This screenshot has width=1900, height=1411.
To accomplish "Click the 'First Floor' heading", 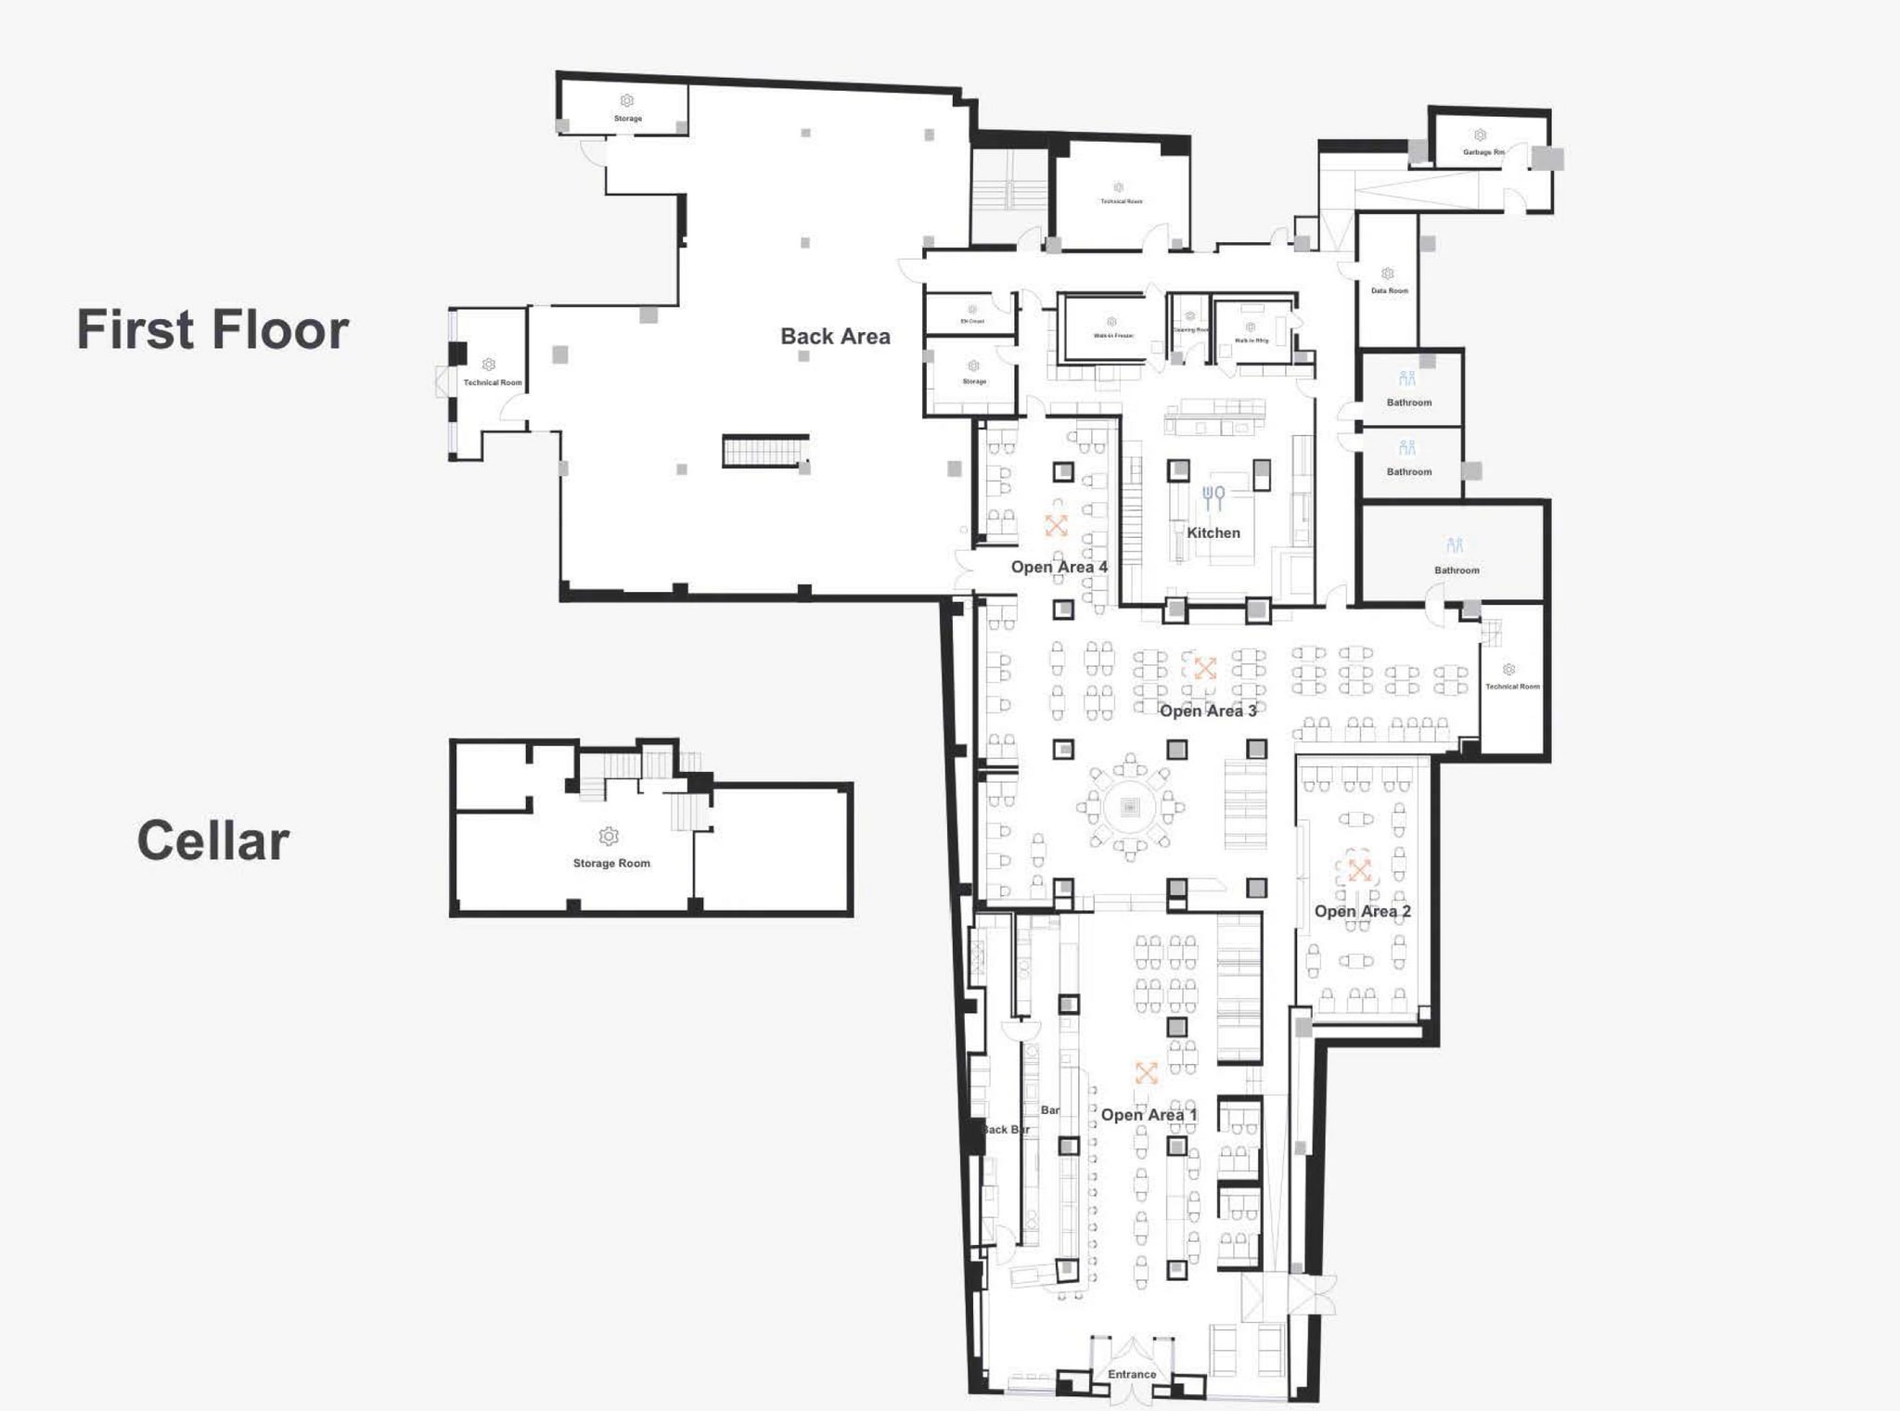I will pyautogui.click(x=212, y=329).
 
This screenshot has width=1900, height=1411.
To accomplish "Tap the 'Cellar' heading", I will pyautogui.click(x=212, y=840).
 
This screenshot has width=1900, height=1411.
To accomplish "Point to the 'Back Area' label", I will pyautogui.click(x=835, y=337).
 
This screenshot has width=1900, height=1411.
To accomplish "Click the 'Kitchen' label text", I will pyautogui.click(x=1213, y=532).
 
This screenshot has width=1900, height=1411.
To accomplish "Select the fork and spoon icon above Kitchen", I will pyautogui.click(x=1213, y=498).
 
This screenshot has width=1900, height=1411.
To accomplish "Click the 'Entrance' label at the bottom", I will pyautogui.click(x=1132, y=1374).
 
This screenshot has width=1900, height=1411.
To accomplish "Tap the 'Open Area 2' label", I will pyautogui.click(x=1362, y=911).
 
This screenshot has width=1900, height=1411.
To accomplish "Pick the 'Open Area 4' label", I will pyautogui.click(x=1059, y=567).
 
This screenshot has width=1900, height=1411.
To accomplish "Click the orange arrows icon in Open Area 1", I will pyautogui.click(x=1147, y=1073).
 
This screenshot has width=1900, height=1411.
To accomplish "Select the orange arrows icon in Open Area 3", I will pyautogui.click(x=1205, y=668).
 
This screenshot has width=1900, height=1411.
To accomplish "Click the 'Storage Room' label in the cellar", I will pyautogui.click(x=611, y=863).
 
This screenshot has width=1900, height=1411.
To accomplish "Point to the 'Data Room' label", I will pyautogui.click(x=1389, y=290).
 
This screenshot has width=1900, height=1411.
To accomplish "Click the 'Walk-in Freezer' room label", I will pyautogui.click(x=1113, y=336).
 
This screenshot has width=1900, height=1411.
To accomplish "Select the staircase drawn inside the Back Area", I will pyautogui.click(x=765, y=452).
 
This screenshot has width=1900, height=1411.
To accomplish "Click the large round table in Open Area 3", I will pyautogui.click(x=1129, y=807).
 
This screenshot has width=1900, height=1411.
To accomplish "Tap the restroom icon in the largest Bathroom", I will pyautogui.click(x=1454, y=545).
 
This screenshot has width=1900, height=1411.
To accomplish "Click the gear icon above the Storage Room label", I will pyautogui.click(x=609, y=836).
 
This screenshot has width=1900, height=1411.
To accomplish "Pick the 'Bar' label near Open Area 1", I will pyautogui.click(x=1049, y=1110).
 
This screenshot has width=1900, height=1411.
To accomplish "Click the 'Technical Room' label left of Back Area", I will pyautogui.click(x=493, y=382).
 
